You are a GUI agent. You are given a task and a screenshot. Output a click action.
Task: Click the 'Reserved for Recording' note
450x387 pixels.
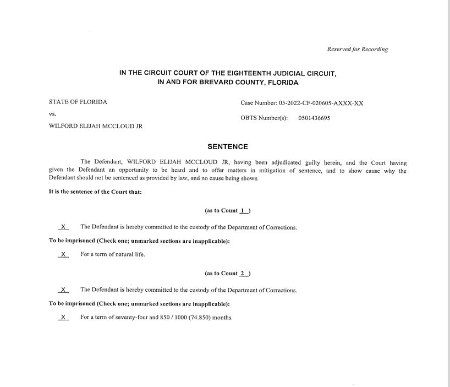(358, 49)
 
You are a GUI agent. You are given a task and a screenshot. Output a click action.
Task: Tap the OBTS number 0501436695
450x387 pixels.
(314, 118)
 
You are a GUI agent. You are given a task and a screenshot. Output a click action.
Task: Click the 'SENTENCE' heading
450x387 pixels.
(228, 147)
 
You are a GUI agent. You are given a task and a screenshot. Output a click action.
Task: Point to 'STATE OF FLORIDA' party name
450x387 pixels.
(78, 102)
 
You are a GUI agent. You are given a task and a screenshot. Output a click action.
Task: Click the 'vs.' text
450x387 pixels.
(53, 114)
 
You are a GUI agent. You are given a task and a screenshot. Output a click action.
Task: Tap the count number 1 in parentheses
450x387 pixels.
(243, 210)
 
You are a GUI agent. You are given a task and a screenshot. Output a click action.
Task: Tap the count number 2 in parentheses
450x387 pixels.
(243, 273)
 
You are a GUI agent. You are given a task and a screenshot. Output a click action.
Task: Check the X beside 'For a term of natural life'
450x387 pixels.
(64, 254)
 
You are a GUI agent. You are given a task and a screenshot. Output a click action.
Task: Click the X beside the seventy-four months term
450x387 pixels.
(64, 317)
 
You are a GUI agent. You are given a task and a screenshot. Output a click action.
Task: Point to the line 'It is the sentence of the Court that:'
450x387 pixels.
(96, 192)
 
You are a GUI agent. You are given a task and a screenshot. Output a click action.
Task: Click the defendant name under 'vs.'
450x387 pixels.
(96, 126)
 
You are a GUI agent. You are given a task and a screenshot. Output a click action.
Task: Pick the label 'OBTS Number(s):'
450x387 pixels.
(264, 118)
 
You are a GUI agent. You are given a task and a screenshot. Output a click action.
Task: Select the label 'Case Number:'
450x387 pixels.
(259, 103)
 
